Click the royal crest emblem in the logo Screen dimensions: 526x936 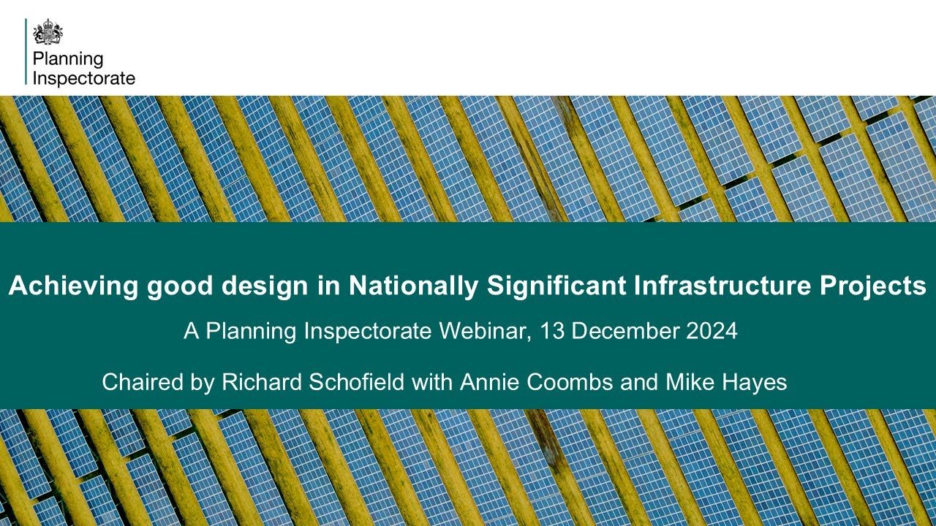[48, 32]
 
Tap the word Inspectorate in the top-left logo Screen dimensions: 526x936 [84, 78]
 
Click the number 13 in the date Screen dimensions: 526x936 [551, 331]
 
